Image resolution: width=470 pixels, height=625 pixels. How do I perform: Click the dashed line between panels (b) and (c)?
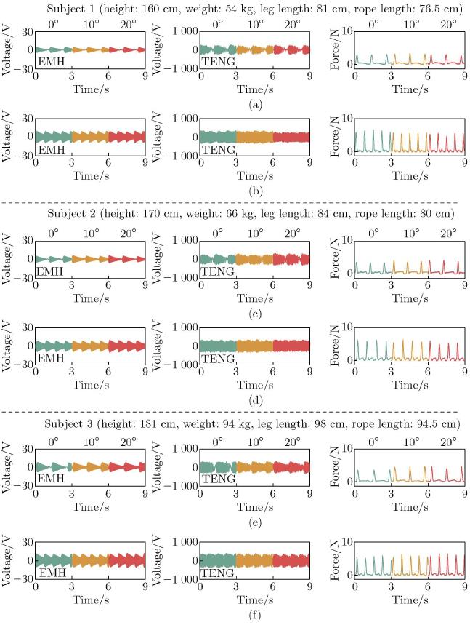[235, 202]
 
